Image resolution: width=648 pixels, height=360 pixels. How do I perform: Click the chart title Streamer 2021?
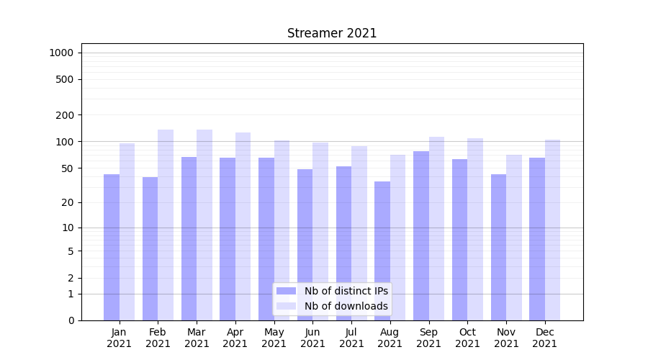pyautogui.click(x=332, y=33)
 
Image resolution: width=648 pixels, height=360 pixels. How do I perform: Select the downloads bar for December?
pyautogui.click(x=552, y=230)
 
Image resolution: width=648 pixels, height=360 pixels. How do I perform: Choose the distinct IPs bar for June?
pyautogui.click(x=305, y=245)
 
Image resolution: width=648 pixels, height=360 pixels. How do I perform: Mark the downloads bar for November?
pyautogui.click(x=514, y=238)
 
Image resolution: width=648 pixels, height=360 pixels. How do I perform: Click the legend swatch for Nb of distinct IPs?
pyautogui.click(x=287, y=291)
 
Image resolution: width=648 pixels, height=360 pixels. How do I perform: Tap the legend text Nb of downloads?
pyautogui.click(x=346, y=306)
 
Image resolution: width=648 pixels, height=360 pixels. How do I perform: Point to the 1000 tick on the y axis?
pyautogui.click(x=63, y=53)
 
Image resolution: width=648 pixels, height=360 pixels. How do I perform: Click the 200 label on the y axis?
pyautogui.click(x=65, y=115)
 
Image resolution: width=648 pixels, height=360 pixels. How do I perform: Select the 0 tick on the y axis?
pyautogui.click(x=71, y=320)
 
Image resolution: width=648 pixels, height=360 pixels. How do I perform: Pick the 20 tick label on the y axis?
pyautogui.click(x=68, y=203)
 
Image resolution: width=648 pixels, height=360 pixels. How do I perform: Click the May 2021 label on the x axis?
pyautogui.click(x=274, y=338)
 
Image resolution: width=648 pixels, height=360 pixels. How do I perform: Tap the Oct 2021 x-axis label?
pyautogui.click(x=468, y=338)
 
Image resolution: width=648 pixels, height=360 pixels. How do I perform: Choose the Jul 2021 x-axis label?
pyautogui.click(x=351, y=338)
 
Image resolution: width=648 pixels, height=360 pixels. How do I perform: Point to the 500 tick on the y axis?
pyautogui.click(x=65, y=79)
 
